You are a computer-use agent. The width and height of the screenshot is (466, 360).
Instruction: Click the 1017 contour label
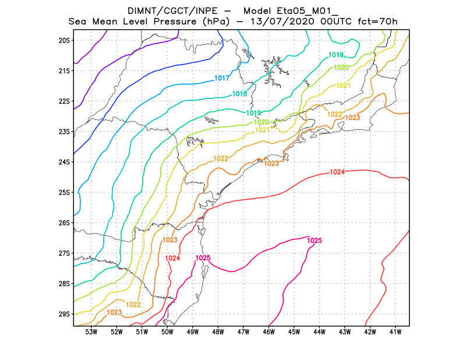coord(221,78)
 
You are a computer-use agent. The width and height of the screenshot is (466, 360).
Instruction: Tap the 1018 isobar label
coord(239,94)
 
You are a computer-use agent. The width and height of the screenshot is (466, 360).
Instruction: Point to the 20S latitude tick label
coord(64,40)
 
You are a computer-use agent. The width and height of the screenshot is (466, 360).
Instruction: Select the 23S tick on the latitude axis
coord(64,132)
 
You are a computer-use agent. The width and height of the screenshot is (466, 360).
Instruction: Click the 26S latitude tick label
coord(64,223)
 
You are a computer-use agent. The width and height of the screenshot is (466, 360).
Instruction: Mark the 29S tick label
coord(64,315)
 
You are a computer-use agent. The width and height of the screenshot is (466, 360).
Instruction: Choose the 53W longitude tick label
coord(91,332)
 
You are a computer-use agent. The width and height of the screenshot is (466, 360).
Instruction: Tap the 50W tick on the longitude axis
coord(167,332)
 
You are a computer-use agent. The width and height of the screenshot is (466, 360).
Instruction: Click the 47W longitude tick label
coord(243,332)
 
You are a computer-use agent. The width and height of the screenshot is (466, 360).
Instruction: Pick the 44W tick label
coord(319,332)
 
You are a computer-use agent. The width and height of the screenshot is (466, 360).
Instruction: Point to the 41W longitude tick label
coord(396,332)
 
